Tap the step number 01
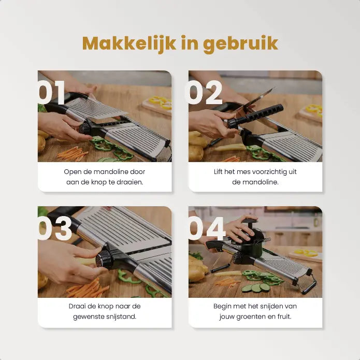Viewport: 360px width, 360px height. (x=51, y=93)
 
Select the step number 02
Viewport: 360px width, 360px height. (x=203, y=93)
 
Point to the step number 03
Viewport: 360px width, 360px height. (x=54, y=228)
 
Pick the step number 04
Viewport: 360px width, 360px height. (x=207, y=228)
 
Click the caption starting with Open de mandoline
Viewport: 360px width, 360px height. (x=105, y=177)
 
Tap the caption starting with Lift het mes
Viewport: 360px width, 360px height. (x=255, y=177)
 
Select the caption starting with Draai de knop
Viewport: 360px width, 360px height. (x=105, y=311)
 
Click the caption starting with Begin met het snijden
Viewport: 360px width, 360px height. (x=255, y=311)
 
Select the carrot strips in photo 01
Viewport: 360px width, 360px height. (x=69, y=153)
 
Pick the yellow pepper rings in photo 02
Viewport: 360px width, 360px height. (x=314, y=110)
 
